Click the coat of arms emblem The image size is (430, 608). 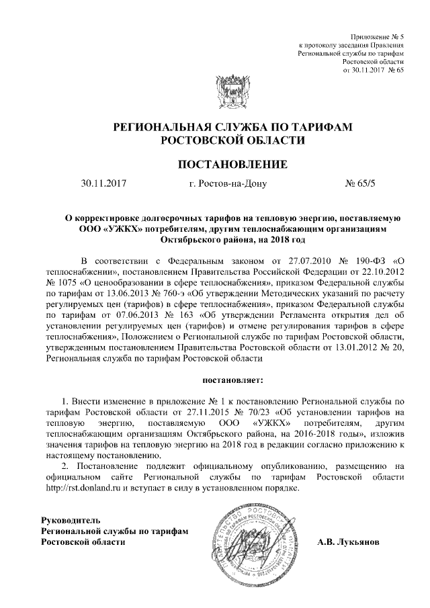coord(216,87)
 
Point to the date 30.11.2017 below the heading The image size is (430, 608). coord(103,183)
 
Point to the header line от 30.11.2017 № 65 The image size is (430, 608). coord(373,69)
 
